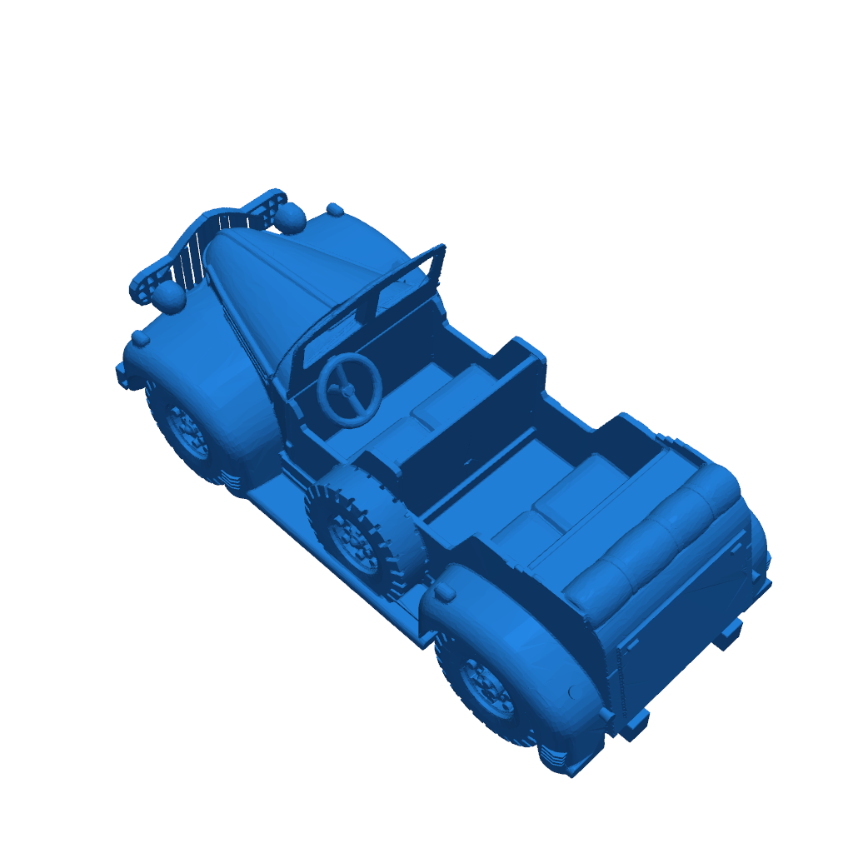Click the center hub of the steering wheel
347,389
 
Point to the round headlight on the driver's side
169,295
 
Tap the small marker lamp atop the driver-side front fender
141,338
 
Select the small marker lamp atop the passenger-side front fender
335,209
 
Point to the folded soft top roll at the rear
658,533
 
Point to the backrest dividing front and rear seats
475,425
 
